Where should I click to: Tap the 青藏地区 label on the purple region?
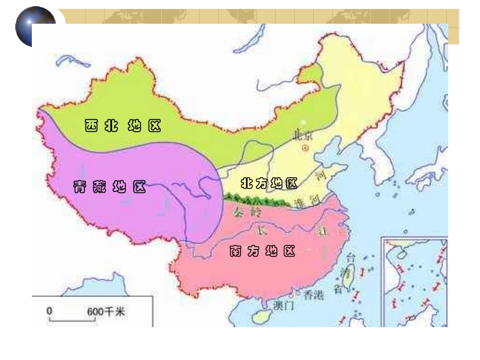(110, 187)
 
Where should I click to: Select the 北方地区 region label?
(269, 183)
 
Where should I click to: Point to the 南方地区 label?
(262, 251)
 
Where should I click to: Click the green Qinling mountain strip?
(258, 201)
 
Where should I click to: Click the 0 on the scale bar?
(50, 311)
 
